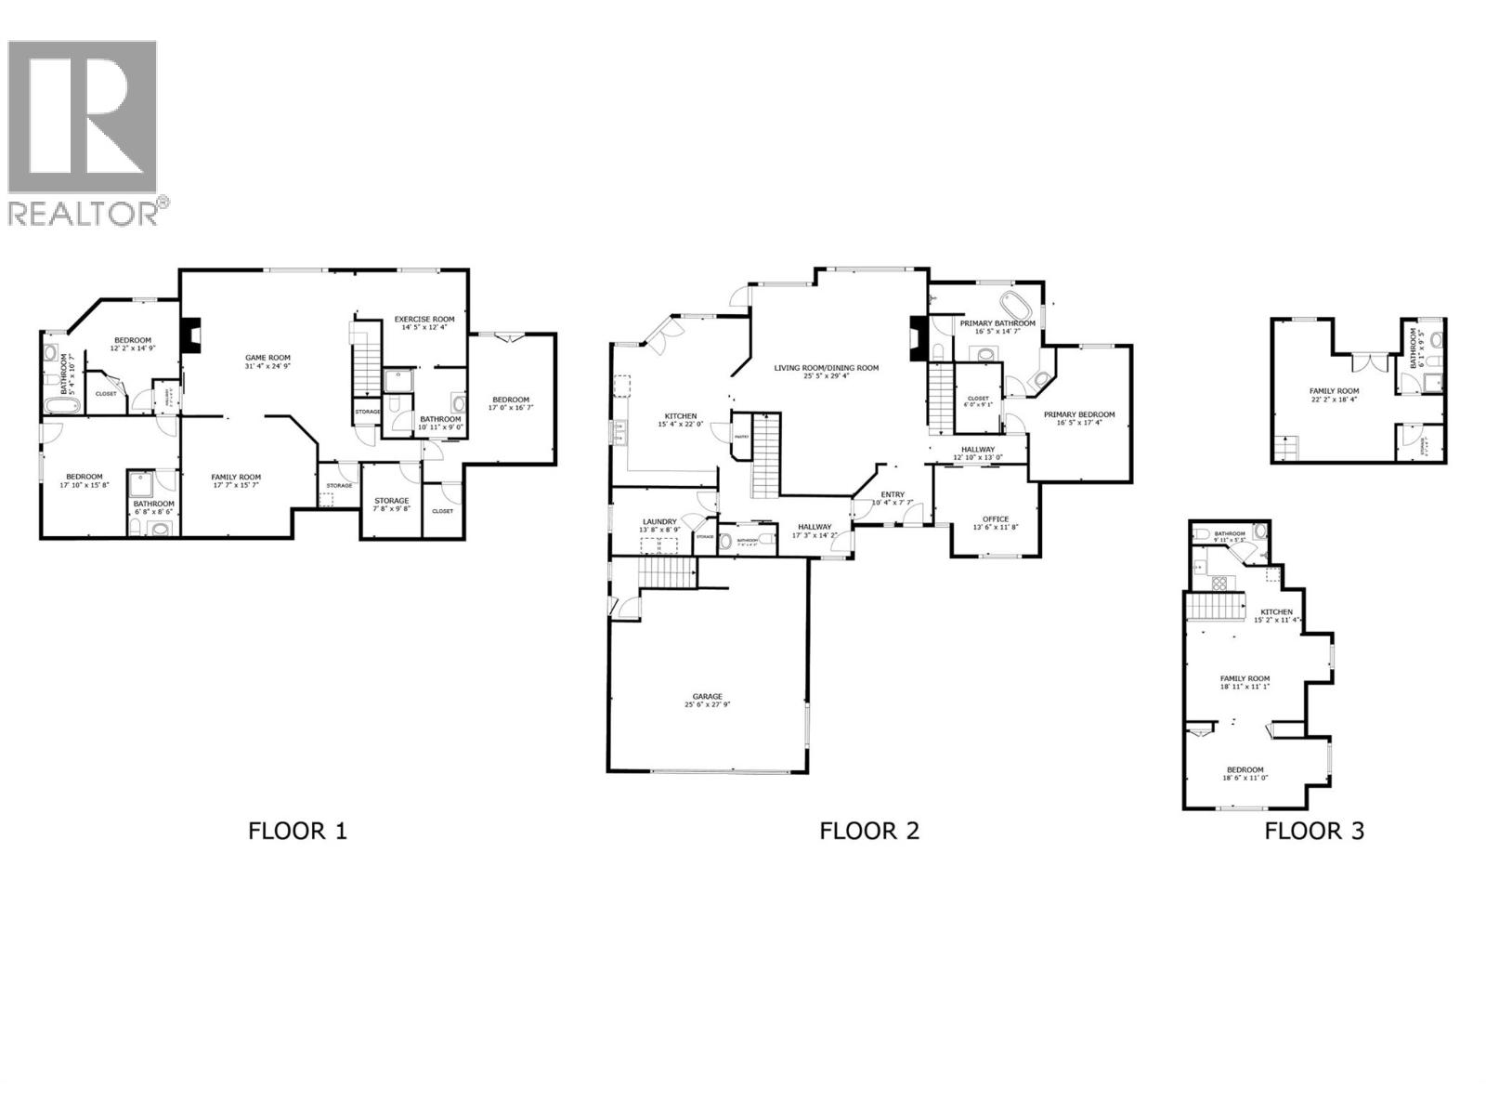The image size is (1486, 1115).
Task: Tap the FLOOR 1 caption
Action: tap(297, 831)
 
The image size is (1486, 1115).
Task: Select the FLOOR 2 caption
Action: tap(869, 831)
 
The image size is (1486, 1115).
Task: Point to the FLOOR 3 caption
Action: tap(1314, 831)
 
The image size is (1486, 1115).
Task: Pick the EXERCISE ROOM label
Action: tap(424, 319)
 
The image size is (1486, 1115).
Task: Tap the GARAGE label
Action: tap(707, 696)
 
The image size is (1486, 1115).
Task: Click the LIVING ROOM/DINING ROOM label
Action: tap(827, 368)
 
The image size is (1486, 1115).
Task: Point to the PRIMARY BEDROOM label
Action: tap(1078, 415)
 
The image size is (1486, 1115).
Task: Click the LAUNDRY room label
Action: tap(659, 522)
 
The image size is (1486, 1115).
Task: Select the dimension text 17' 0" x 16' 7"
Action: tap(511, 407)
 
